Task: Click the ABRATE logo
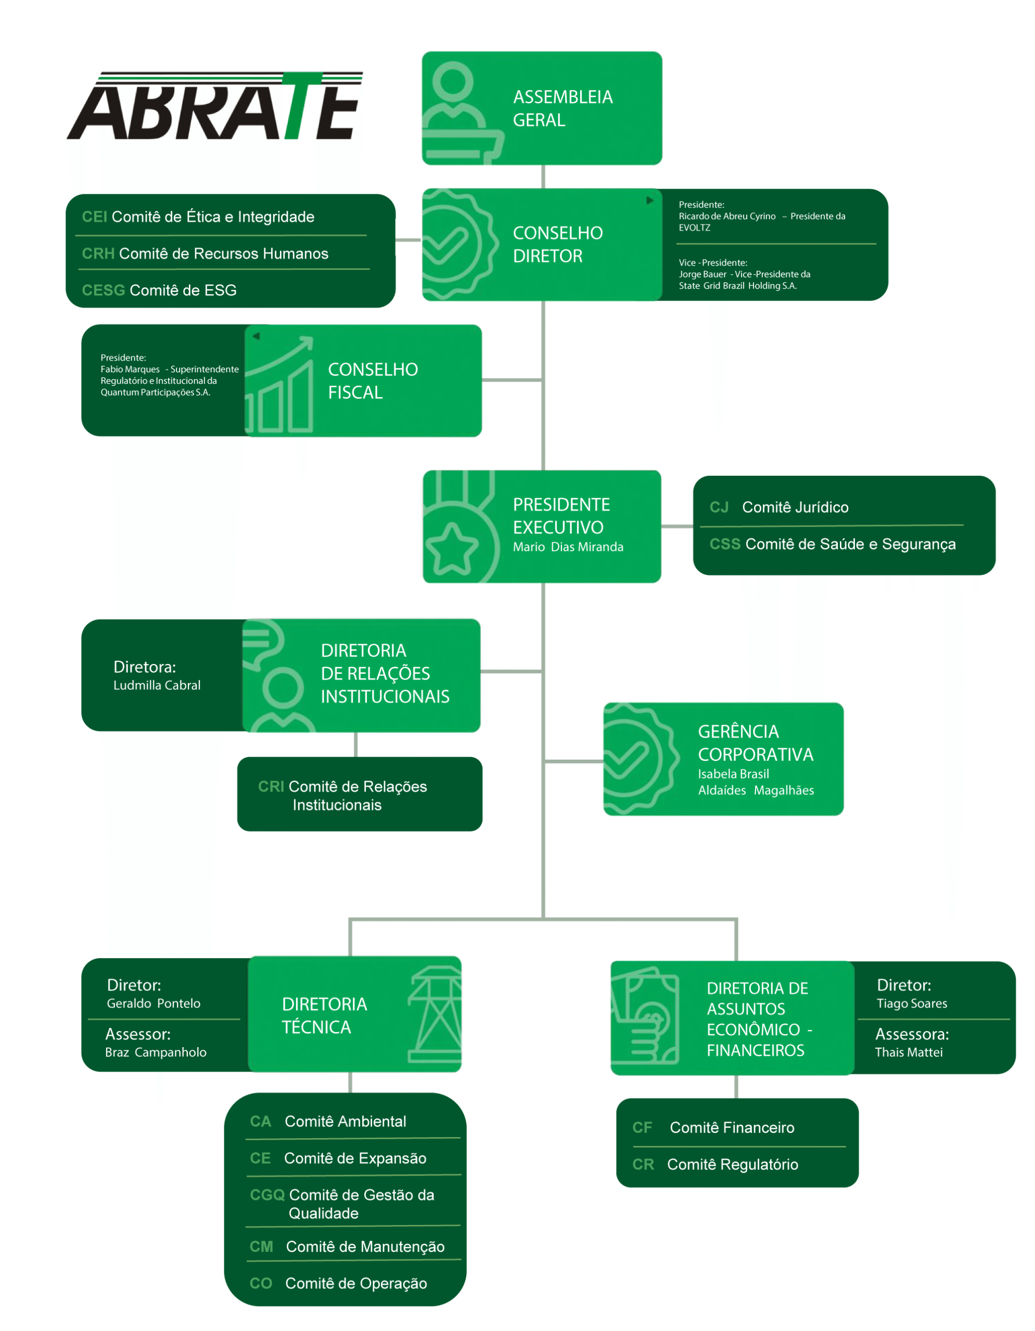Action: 215,107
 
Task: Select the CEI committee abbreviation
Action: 95,217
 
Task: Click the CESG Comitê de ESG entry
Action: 159,291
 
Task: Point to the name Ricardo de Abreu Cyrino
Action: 726,216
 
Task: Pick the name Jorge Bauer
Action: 702,274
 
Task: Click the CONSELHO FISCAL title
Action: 372,381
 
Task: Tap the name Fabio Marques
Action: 130,369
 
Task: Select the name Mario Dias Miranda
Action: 567,547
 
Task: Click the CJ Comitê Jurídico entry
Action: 779,507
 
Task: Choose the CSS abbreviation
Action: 724,544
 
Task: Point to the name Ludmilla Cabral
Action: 157,686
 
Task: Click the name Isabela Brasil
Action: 733,774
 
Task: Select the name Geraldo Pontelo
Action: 153,1004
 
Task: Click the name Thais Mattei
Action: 908,1052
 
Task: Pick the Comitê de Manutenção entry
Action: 365,1247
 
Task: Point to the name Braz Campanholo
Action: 156,1052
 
